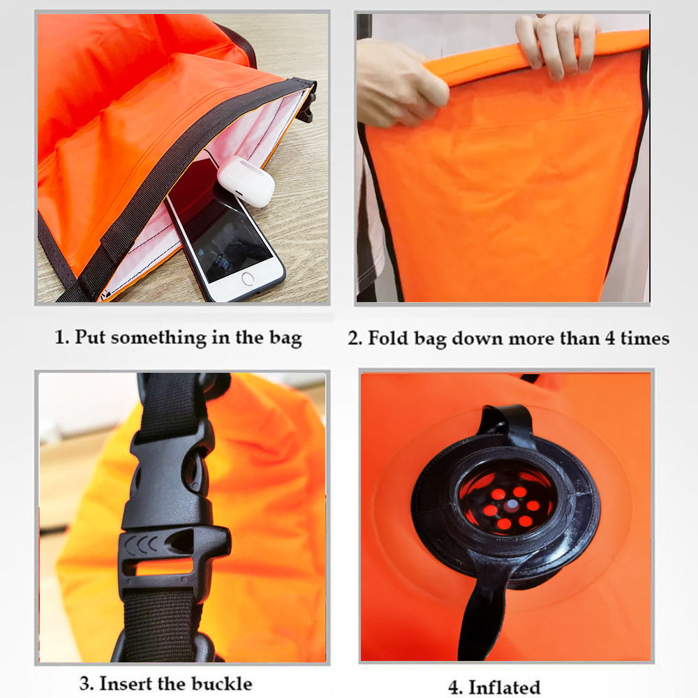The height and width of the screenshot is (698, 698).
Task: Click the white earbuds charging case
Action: coord(246,181)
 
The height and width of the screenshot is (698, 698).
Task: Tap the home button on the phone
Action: coord(248,279)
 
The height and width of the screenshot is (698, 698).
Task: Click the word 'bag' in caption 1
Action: coord(285,339)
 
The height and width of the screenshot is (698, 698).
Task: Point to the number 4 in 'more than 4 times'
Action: coord(608,339)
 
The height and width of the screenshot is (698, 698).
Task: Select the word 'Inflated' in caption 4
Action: coord(505,687)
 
